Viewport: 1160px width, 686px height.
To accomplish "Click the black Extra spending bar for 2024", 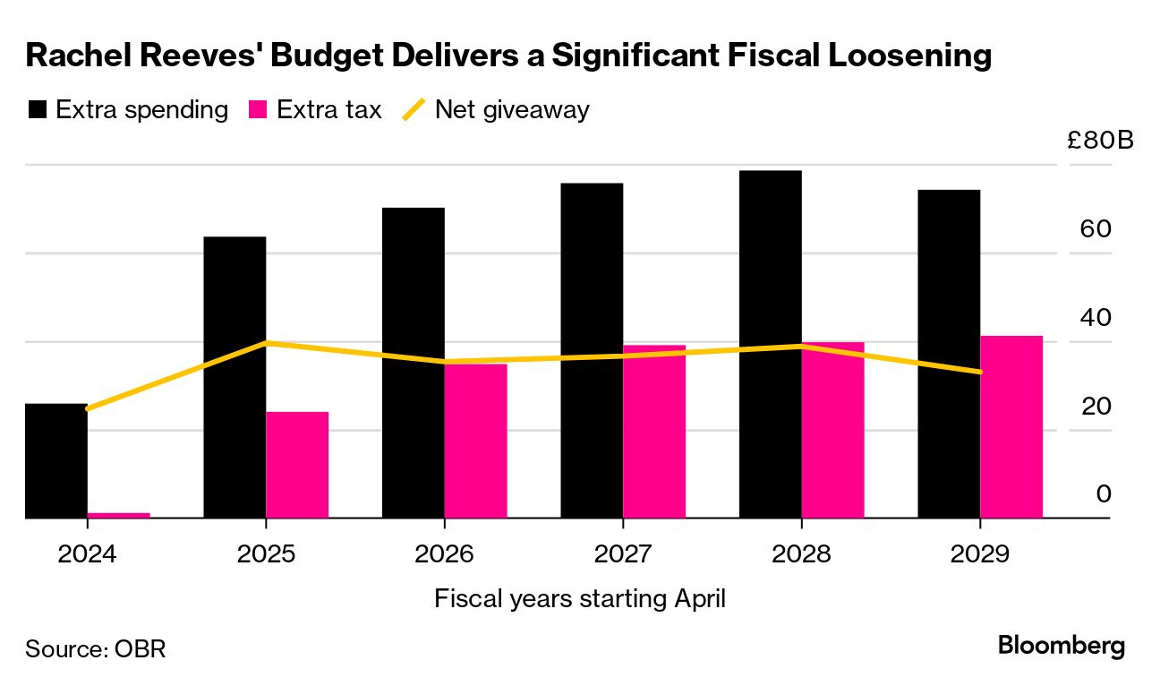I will point(55,461).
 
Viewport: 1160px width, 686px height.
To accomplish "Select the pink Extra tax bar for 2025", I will point(297,465).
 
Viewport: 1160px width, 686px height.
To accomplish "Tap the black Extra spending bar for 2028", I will point(771,344).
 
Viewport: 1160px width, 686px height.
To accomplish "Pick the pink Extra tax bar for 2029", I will point(1011,427).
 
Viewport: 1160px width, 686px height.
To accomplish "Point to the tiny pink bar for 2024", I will point(118,515).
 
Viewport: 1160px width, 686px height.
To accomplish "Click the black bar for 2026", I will point(414,363).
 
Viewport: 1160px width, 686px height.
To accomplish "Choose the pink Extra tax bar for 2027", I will point(654,432).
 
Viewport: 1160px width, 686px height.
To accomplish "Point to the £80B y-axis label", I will point(1100,141).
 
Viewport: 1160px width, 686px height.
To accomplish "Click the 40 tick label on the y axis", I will point(1096,317).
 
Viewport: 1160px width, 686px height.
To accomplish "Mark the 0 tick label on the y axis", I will point(1104,493).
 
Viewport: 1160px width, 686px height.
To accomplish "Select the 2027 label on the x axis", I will point(623,553).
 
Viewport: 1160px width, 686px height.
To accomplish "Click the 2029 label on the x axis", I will point(980,553).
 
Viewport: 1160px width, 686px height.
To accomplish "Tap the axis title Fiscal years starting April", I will point(580,598).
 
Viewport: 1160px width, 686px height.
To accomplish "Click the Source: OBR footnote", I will point(96,648).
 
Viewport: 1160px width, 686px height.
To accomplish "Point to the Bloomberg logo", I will point(1061,646).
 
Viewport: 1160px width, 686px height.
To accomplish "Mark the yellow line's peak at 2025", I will point(266,343).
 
